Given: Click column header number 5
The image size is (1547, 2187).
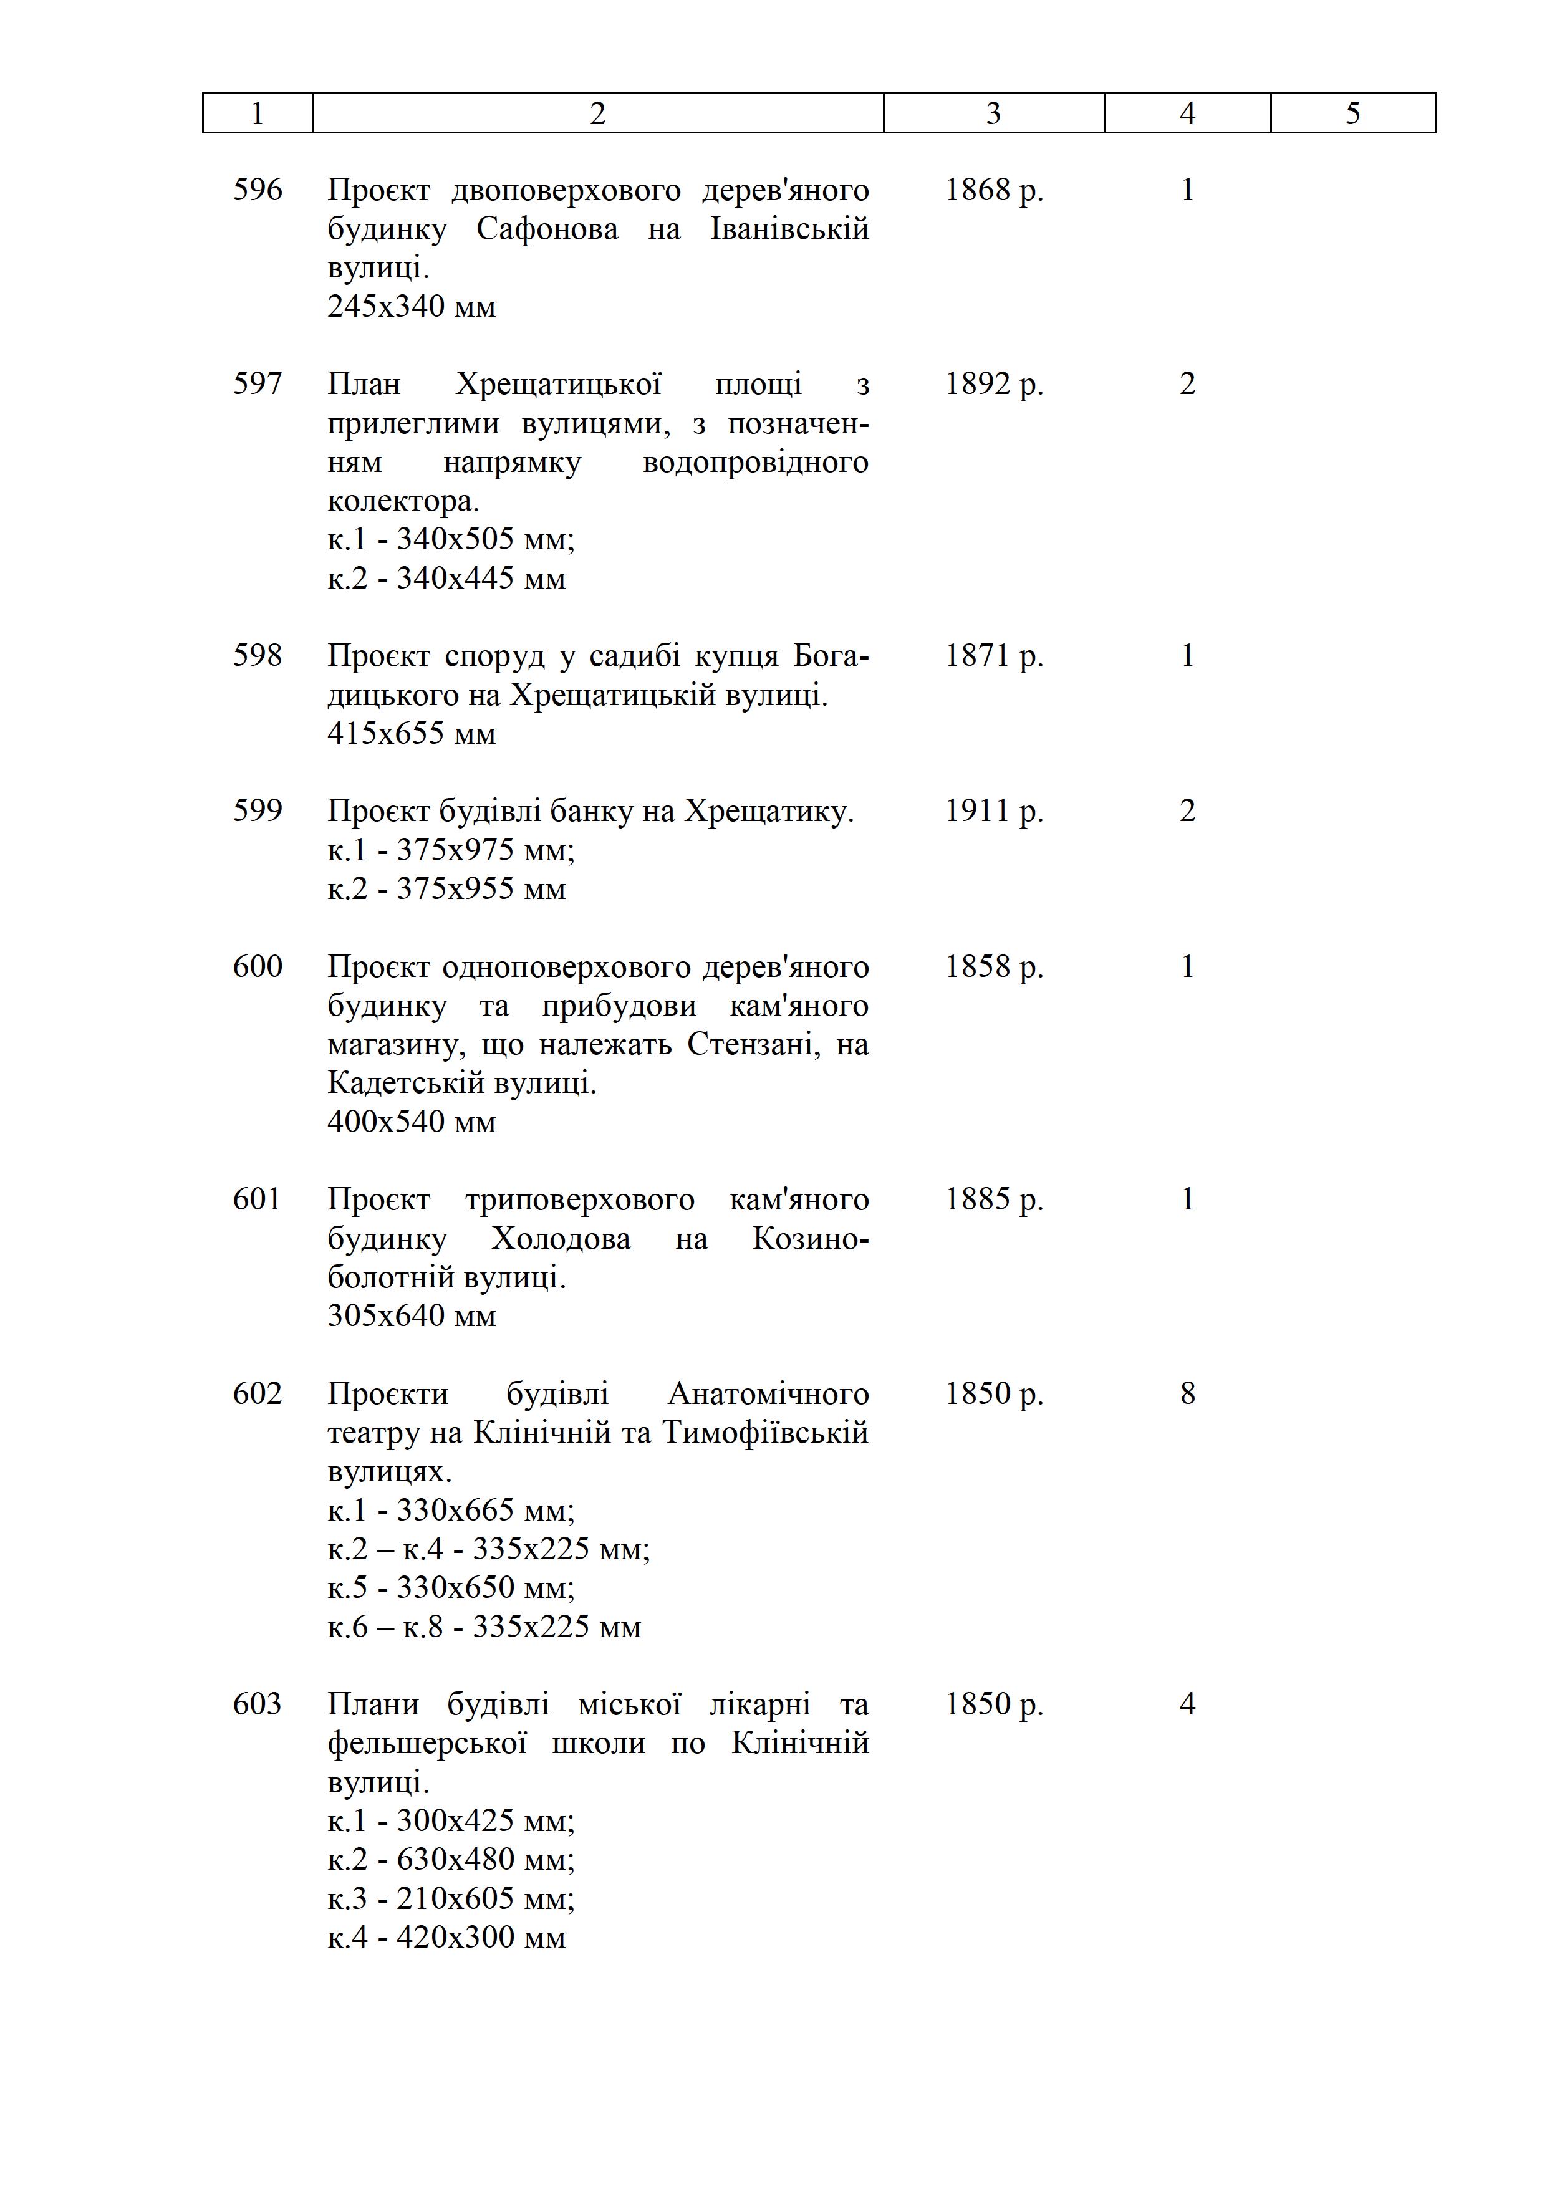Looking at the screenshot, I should coord(1352,113).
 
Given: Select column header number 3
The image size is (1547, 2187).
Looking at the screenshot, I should coord(993,113).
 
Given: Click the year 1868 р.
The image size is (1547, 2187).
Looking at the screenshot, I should coord(993,190).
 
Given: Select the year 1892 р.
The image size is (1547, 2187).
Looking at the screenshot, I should coord(993,384).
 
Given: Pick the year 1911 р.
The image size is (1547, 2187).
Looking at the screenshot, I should coord(993,810).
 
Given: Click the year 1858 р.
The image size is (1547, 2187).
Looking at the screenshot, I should coord(993,967).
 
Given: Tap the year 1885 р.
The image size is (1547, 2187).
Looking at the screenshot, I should coord(993,1199).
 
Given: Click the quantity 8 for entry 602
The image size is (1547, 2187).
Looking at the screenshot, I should coord(1187,1393).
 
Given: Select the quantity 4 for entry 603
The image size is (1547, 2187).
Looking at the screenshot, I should coord(1187,1704).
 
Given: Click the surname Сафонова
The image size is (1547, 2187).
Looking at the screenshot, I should coord(547,229).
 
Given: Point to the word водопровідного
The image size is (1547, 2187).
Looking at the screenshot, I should coord(755,462).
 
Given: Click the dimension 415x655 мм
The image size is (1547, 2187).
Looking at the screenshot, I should coord(412,733).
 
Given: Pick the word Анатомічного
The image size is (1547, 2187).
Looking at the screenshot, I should coord(768,1393).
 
